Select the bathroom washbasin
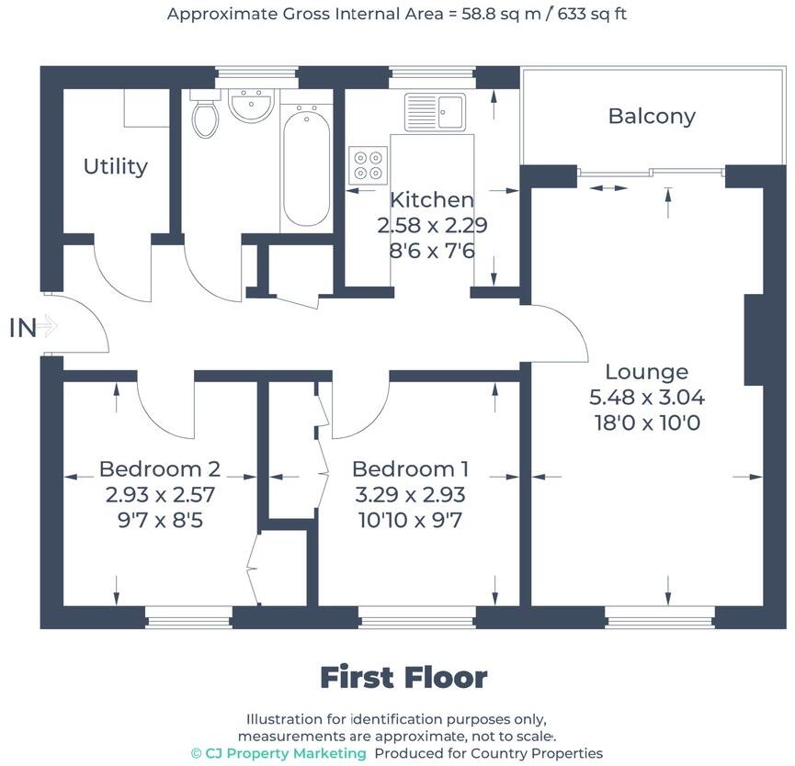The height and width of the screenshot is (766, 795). click(x=249, y=107)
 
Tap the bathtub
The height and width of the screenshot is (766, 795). click(x=306, y=165)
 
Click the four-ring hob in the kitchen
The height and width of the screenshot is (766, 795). click(x=369, y=163)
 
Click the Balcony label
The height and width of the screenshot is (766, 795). click(x=652, y=117)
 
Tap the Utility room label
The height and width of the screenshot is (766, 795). click(x=116, y=166)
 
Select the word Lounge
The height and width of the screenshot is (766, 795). click(x=646, y=372)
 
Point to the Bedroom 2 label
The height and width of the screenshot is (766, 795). click(x=159, y=468)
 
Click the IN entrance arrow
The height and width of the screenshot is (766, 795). click(x=33, y=327)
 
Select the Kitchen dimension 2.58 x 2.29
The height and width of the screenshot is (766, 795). click(x=432, y=225)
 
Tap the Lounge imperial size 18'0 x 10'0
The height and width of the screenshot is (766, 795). click(x=646, y=423)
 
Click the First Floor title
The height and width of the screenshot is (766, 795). click(x=403, y=678)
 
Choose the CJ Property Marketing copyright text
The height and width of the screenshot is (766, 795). click(x=278, y=753)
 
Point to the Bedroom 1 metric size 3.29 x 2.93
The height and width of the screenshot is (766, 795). click(x=409, y=494)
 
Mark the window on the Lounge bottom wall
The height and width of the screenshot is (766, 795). click(x=659, y=622)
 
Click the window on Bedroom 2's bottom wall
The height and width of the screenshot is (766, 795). click(x=188, y=622)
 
